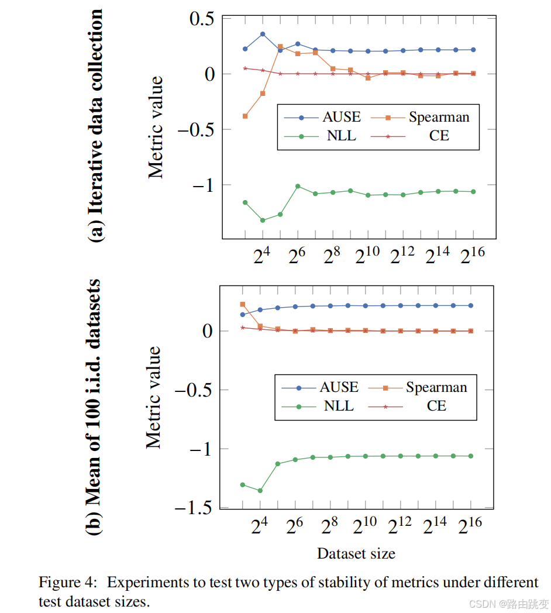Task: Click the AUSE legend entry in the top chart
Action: click(341, 117)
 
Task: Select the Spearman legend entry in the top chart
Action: click(439, 117)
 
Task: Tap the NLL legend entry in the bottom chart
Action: click(339, 405)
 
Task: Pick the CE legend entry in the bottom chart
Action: click(436, 405)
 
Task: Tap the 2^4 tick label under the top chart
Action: click(262, 256)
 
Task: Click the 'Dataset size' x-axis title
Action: click(356, 553)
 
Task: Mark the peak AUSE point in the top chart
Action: click(263, 34)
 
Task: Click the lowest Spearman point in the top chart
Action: click(245, 116)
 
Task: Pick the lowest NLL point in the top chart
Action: click(263, 221)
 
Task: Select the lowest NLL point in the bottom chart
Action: click(260, 491)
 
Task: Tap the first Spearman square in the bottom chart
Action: click(242, 304)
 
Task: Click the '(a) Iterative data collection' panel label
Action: click(95, 125)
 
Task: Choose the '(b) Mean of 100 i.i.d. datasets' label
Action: click(95, 407)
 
